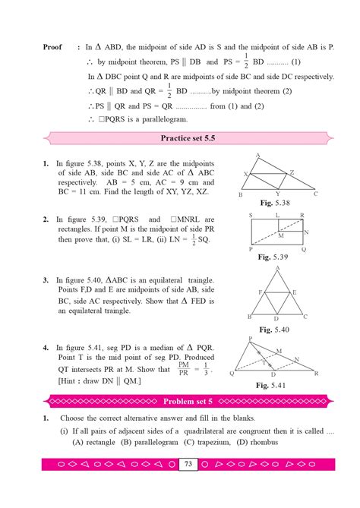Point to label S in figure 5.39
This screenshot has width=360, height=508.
click(x=250, y=216)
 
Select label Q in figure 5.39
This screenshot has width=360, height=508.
click(x=303, y=248)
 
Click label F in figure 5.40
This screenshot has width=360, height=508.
click(x=262, y=292)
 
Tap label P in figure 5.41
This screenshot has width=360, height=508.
click(x=250, y=339)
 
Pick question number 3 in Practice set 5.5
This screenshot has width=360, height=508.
click(x=46, y=279)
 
